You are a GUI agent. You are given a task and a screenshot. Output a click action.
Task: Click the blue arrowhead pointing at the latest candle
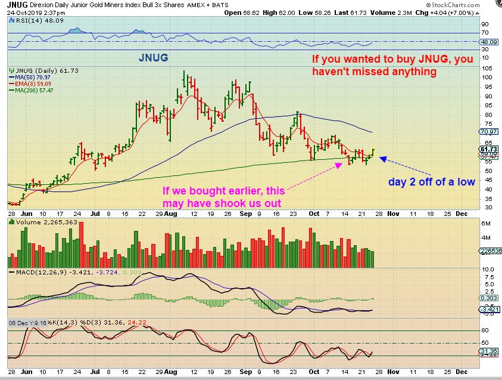[x=383, y=159]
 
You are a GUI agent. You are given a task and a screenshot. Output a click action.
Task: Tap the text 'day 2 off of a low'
[x=432, y=181]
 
